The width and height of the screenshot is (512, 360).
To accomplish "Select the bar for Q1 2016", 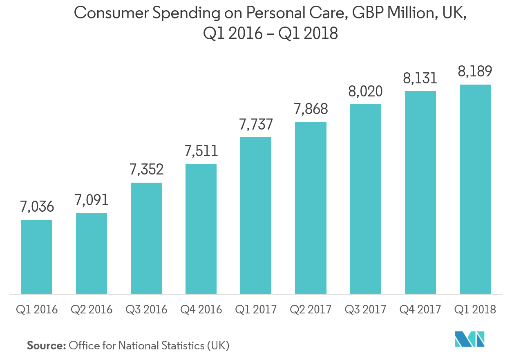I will (x=37, y=257).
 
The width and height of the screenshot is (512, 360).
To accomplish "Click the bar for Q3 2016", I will (x=146, y=238).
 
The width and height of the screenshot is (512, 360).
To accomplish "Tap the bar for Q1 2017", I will (x=256, y=215).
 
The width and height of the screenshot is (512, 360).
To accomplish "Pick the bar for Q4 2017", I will (x=420, y=192).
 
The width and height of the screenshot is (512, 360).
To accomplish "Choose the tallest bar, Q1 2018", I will (x=475, y=189).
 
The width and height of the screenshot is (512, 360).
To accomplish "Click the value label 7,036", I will (x=37, y=207).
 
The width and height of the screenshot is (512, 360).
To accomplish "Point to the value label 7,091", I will (x=92, y=200).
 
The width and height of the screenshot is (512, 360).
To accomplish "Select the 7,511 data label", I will (x=201, y=151).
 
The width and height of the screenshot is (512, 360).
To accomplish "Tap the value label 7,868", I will (x=311, y=109).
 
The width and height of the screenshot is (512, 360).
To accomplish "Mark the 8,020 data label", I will (x=365, y=91).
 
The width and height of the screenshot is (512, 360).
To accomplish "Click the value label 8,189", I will (x=475, y=72).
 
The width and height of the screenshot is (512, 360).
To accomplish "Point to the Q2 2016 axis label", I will (x=92, y=309).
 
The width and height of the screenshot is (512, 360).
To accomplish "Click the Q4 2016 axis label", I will (x=201, y=309).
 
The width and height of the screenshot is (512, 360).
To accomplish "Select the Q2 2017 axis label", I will (x=311, y=309).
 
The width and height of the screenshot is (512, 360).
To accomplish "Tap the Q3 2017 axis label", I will (x=365, y=309).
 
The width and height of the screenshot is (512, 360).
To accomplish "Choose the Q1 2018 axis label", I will (x=475, y=309).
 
